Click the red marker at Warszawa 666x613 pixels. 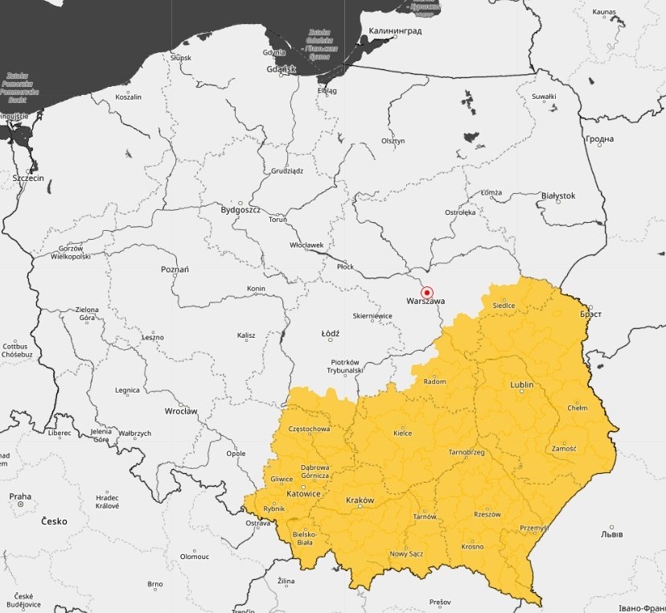(427, 293)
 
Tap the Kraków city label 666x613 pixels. (360, 500)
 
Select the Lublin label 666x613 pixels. (521, 385)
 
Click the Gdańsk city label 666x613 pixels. (282, 69)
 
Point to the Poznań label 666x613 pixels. (175, 269)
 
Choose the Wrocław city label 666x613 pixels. (180, 411)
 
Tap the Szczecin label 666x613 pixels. (28, 177)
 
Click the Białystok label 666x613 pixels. (558, 195)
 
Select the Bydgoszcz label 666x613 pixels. (240, 210)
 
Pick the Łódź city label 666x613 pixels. (330, 333)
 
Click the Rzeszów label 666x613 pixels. (487, 514)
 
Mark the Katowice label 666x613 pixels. (305, 493)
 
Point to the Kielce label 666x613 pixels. (402, 433)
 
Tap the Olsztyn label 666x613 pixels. (393, 141)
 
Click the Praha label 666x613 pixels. (20, 496)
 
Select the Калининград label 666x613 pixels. (396, 32)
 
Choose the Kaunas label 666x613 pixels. (604, 12)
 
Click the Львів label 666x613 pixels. (611, 533)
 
